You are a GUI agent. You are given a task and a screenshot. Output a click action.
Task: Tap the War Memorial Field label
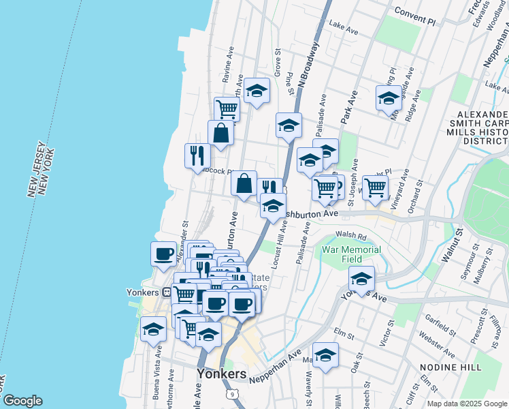[351, 254]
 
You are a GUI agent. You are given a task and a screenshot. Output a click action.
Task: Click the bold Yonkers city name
[221, 374]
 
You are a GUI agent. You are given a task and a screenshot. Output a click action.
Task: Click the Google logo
[22, 401]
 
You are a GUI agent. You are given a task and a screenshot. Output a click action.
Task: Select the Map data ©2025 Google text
[467, 404]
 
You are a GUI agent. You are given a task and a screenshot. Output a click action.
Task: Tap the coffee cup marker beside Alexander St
[163, 254]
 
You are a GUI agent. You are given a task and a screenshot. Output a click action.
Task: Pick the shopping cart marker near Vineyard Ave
[375, 187]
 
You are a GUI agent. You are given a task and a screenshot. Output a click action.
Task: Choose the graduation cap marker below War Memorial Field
[361, 278]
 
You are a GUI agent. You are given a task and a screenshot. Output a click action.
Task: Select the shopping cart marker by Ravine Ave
[227, 108]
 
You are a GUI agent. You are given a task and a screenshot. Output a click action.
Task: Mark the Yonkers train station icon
[166, 292]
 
